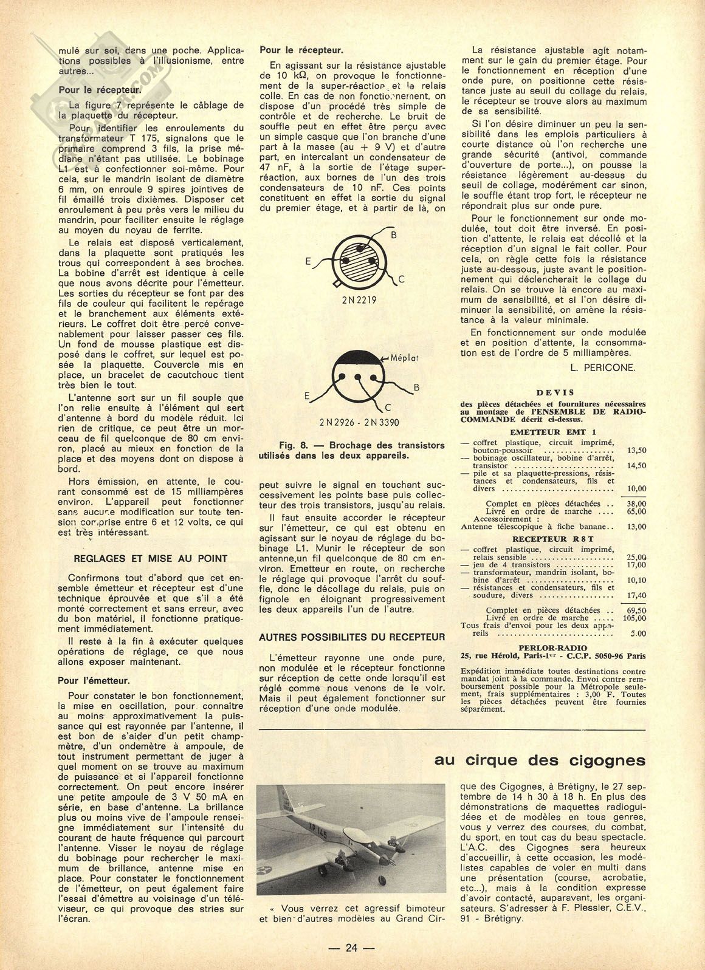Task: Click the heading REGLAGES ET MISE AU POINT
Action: point(150,559)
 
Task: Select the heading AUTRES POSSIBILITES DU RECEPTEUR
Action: point(352,637)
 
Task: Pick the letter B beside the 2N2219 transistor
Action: point(393,234)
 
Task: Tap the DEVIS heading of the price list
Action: point(554,393)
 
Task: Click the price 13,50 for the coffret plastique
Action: point(636,451)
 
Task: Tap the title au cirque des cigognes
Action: point(540,760)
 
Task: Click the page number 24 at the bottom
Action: point(352,948)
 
